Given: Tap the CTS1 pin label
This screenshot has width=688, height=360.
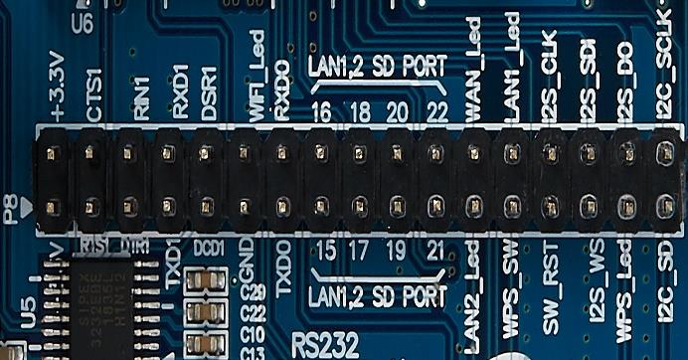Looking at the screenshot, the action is point(94,95).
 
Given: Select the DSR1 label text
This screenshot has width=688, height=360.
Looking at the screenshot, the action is point(210,93).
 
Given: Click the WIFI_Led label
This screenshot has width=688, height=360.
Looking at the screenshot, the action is point(256,90).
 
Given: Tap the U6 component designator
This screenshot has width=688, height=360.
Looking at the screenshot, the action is point(82,23).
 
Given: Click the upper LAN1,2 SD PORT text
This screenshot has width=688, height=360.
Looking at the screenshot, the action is point(377,67).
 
